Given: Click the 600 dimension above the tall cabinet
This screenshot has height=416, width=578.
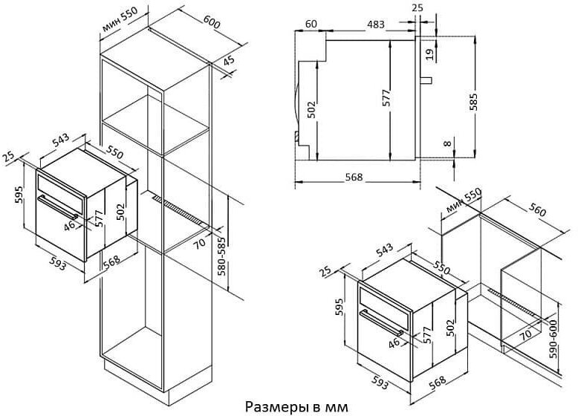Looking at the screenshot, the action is click(x=212, y=22).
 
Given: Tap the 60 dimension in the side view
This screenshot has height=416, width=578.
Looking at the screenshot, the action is click(x=311, y=24).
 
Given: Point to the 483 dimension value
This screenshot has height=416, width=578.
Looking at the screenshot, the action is click(x=376, y=25).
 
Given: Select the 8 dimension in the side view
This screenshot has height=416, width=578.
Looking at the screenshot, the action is click(x=447, y=143).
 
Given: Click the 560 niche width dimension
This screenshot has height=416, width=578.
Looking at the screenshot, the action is click(x=537, y=210).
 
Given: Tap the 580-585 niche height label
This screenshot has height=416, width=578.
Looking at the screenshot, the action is click(x=222, y=261).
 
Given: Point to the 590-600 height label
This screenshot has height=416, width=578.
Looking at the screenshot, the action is click(x=553, y=339).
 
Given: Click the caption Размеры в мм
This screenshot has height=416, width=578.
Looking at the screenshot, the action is click(x=296, y=407).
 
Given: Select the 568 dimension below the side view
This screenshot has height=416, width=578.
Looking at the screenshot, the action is click(x=354, y=178).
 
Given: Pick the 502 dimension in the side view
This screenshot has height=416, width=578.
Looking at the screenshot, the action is click(x=312, y=109).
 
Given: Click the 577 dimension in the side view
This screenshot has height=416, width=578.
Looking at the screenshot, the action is click(x=386, y=98).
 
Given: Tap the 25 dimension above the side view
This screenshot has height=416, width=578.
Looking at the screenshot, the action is click(x=418, y=7).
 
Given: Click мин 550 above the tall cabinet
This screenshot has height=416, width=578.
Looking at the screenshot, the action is click(x=120, y=19).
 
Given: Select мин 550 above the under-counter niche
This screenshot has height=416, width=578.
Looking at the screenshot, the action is click(x=464, y=201).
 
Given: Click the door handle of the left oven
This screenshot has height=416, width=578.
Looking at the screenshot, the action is click(x=58, y=207).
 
